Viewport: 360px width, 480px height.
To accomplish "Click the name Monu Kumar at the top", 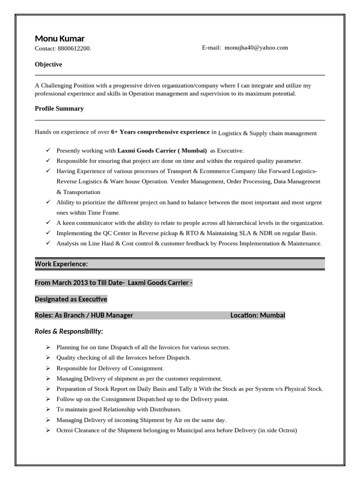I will coord(60,38).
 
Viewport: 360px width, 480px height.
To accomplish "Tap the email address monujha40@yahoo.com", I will coord(256,47).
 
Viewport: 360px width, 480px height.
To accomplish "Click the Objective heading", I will coord(48,64).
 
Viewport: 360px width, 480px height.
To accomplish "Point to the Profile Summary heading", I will coord(59,108).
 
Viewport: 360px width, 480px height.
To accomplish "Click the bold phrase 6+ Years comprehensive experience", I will coord(160,132).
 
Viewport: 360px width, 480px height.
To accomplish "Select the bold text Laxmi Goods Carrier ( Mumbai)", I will coord(162,150).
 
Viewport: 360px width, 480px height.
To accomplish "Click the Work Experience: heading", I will coord(61,264).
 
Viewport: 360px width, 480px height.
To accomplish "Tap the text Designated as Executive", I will coord(71,299).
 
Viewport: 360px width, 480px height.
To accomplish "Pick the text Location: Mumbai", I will coord(258,315).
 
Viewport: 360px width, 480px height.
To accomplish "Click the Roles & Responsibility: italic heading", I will coord(69,331).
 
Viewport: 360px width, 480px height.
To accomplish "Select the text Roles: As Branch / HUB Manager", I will coord(84,315).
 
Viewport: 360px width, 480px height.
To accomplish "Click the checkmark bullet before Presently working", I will coord(48,150).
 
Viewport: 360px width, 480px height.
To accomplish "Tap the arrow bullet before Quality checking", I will coord(48,358).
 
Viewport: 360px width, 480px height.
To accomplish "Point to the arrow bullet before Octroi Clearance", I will coord(48,430).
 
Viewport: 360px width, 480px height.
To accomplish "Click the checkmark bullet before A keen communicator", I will coord(48,222).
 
